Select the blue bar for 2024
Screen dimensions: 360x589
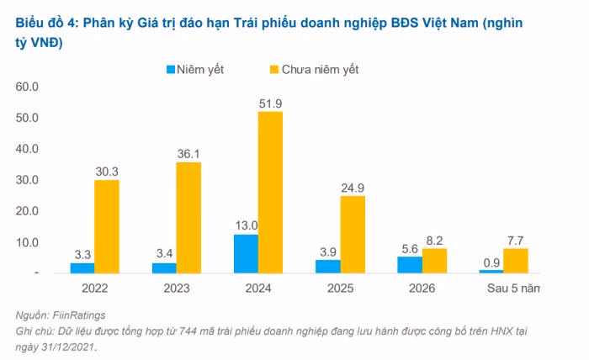pos(246,253)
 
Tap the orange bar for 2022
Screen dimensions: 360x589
pos(107,226)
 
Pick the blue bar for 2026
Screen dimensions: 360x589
pos(410,264)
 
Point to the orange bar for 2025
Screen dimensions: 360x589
pos(353,234)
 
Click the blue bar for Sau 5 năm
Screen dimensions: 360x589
pos(491,271)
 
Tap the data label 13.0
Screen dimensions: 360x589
pos(246,225)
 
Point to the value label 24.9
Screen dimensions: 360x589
pos(353,187)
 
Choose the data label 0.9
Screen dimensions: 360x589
pos(491,261)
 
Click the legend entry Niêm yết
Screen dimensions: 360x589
pos(199,69)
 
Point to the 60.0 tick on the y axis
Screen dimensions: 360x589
pos(28,87)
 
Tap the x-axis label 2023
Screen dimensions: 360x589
pos(176,289)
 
